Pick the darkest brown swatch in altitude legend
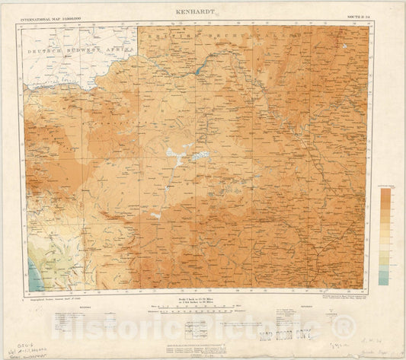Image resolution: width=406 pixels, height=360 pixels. (386, 197)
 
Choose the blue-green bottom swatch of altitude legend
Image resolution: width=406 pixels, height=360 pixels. (386, 280)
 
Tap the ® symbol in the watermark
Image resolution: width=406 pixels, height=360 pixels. (346, 328)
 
